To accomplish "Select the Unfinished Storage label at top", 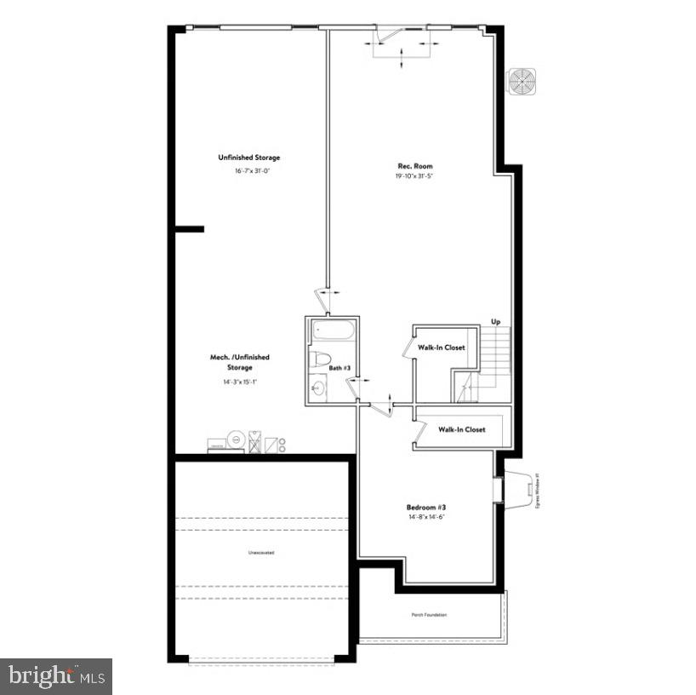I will coord(248,158).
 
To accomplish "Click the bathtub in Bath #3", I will coord(332,331).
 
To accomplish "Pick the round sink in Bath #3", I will coord(317,389).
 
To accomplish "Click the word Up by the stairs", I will coord(495,321).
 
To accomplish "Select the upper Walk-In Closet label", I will coord(441,347).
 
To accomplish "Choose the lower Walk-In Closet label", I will coord(462,429).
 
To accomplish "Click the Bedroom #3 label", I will coord(426,507).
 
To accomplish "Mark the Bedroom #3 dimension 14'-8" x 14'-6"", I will coord(426,517).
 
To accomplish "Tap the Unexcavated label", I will coord(261,553).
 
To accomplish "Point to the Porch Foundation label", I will coord(429,615).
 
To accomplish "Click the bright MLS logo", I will coord(56,676).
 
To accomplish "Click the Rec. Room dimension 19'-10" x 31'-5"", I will coord(415,176).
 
